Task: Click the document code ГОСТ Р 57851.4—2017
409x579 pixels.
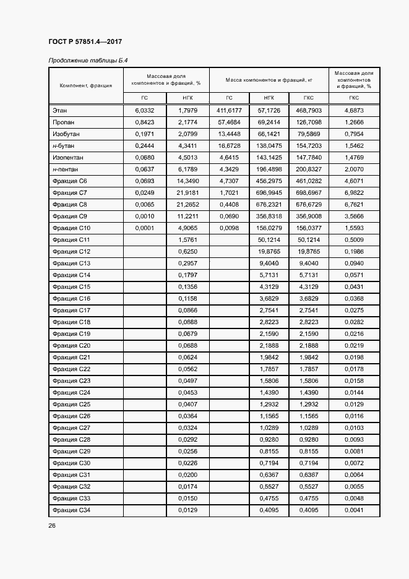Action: pos(85,41)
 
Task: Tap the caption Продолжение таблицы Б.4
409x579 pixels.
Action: pos(84,60)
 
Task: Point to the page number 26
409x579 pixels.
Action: pos(52,525)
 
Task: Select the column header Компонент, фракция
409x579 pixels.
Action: pos(85,85)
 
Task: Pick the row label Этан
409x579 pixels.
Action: pos(60,110)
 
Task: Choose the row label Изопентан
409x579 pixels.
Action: pos(67,157)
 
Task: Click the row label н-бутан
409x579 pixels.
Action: pos(64,145)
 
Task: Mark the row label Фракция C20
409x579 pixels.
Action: pos(71,345)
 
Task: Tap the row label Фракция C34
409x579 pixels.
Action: pos(71,510)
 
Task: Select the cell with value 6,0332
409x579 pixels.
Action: pos(144,110)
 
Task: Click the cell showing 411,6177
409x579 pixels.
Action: pos(228,110)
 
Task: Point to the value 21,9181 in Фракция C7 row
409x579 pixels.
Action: pos(187,192)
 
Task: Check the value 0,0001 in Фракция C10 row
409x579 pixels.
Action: pos(144,228)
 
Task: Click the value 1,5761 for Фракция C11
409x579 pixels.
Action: pos(187,239)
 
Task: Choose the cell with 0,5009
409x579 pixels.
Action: pos(354,239)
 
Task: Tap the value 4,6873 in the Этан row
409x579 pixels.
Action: pos(354,110)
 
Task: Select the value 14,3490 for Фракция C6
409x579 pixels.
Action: pos(187,181)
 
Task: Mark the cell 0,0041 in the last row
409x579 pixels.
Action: pos(354,510)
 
